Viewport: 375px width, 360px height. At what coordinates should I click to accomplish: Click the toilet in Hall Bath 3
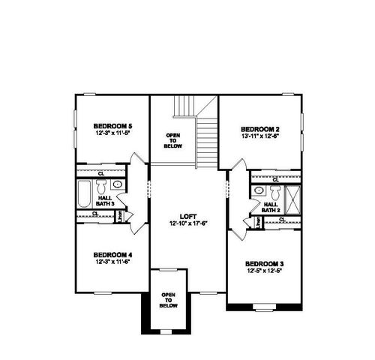(x=103, y=184)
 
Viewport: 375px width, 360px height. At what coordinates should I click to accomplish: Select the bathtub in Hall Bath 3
(x=84, y=193)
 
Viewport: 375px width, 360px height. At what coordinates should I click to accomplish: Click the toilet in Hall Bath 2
(x=272, y=190)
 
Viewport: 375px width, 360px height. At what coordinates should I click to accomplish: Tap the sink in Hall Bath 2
(x=259, y=190)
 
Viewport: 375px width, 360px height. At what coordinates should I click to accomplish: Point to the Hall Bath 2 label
(x=271, y=206)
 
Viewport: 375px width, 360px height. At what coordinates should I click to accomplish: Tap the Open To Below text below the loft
(x=169, y=301)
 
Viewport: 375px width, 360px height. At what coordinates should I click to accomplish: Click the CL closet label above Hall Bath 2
(x=275, y=180)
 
